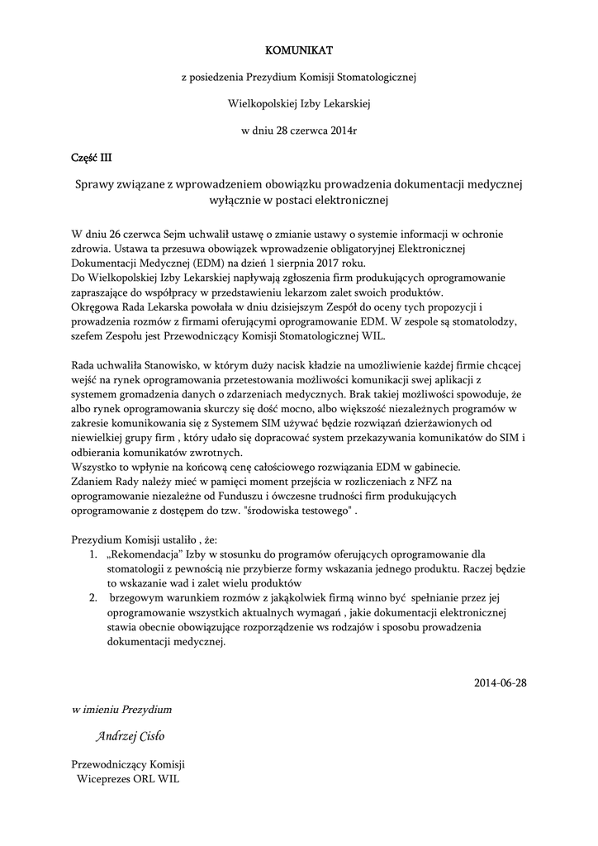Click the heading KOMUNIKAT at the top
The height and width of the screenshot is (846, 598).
(299, 50)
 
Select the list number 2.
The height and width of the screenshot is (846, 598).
(93, 598)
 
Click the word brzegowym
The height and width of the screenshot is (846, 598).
(136, 598)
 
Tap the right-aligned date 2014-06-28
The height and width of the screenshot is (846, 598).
(500, 682)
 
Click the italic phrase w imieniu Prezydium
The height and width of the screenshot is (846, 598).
(121, 710)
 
